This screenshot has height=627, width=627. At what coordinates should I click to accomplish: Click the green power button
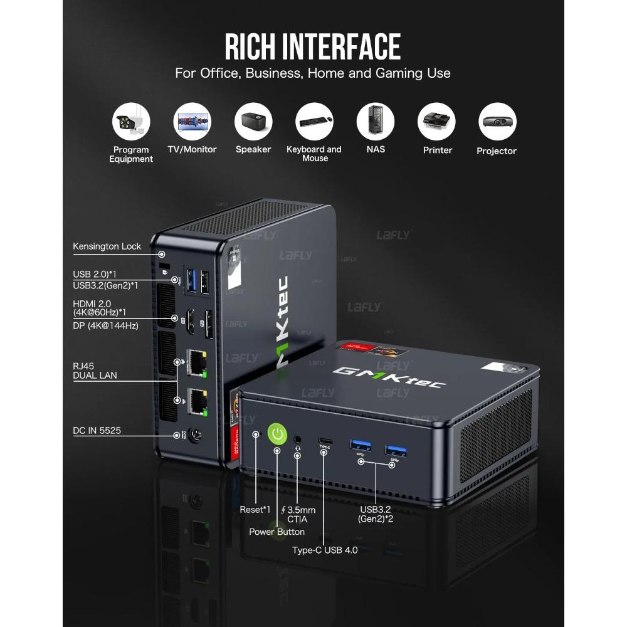coord(277,433)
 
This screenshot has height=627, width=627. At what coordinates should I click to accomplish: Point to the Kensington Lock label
coord(107,246)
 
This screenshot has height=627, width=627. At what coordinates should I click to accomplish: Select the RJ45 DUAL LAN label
coord(95,371)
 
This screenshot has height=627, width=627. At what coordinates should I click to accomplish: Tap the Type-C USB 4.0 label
coord(325,550)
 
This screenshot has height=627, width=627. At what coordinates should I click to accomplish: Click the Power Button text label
coord(277,532)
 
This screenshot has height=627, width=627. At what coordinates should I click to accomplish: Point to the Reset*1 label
coord(255,510)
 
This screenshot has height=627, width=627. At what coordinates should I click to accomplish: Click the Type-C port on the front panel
coord(325,440)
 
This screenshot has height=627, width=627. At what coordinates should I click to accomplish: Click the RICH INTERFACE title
coord(313,46)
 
